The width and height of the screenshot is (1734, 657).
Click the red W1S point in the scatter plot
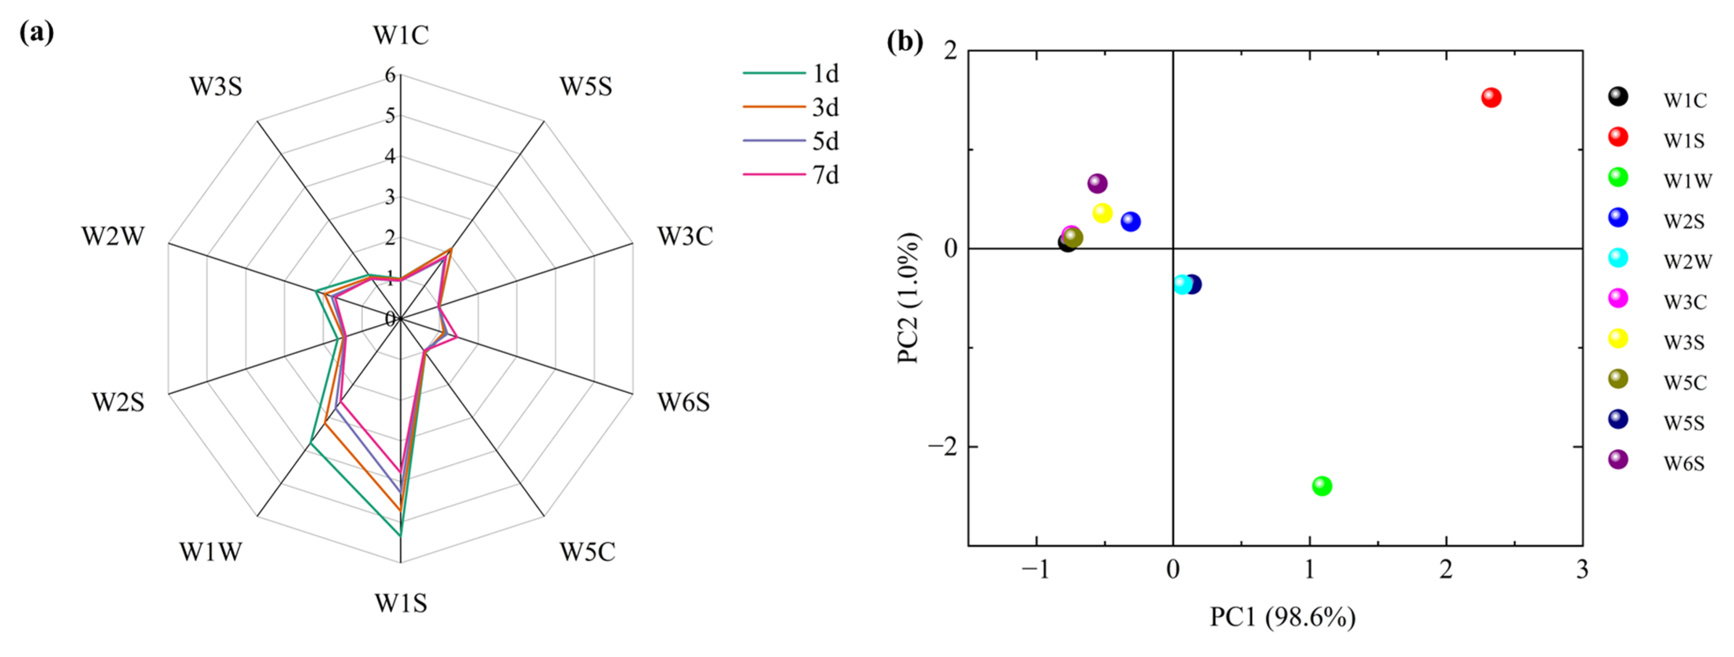(x=1491, y=97)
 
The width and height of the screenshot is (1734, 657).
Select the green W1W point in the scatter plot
(x=1322, y=486)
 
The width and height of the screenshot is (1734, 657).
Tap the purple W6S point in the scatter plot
(x=1097, y=183)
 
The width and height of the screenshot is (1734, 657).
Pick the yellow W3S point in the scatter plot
(x=1102, y=213)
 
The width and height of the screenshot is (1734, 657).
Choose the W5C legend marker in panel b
(x=1618, y=379)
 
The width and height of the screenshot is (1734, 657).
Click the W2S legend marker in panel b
(x=1618, y=217)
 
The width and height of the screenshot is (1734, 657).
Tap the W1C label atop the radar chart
(x=401, y=35)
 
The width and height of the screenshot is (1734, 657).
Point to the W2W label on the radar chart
(x=113, y=236)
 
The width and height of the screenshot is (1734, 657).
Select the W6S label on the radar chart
(x=684, y=403)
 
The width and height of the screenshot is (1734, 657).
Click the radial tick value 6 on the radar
(x=390, y=75)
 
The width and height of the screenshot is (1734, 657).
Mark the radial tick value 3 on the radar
(x=390, y=197)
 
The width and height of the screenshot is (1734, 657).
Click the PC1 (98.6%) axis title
(x=1282, y=616)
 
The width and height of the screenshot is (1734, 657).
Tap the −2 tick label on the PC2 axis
(x=942, y=446)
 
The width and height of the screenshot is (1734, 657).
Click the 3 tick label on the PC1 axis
(x=1582, y=570)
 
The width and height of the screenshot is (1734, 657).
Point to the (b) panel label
(x=905, y=42)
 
